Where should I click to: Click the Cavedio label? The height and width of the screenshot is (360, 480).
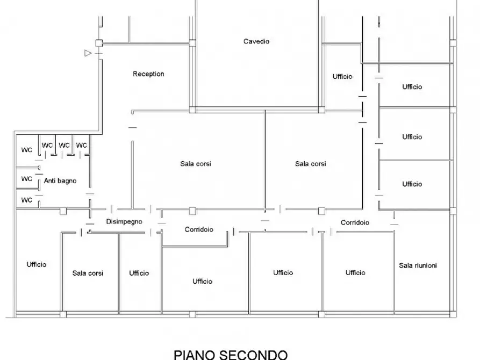tap(256, 41)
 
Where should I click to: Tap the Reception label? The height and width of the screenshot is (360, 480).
tap(148, 74)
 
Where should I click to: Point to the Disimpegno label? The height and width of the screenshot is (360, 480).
tap(124, 221)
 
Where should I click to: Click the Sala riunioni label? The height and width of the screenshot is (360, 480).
tap(418, 265)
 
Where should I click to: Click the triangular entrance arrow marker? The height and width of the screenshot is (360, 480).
tap(88, 53)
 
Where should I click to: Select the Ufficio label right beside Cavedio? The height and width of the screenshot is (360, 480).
tap(342, 77)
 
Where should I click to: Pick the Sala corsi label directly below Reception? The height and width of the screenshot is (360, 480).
tap(195, 164)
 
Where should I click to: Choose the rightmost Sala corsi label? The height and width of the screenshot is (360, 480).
tap(310, 164)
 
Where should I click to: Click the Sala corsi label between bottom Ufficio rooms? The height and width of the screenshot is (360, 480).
tap(88, 273)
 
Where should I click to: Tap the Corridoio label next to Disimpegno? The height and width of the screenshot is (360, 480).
tap(199, 229)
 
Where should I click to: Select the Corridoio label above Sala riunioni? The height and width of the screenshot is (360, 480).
tap(355, 222)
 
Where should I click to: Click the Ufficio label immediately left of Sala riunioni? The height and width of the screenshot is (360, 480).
tap(355, 273)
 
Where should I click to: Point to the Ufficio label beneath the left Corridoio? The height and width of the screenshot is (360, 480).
tap(202, 282)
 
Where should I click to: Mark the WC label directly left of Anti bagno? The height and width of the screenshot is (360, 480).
tap(27, 178)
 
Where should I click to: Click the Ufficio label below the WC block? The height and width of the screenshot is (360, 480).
tap(37, 264)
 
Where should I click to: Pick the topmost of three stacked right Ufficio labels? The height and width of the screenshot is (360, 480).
tap(412, 87)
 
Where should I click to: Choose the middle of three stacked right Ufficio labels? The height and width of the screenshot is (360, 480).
tap(412, 137)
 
